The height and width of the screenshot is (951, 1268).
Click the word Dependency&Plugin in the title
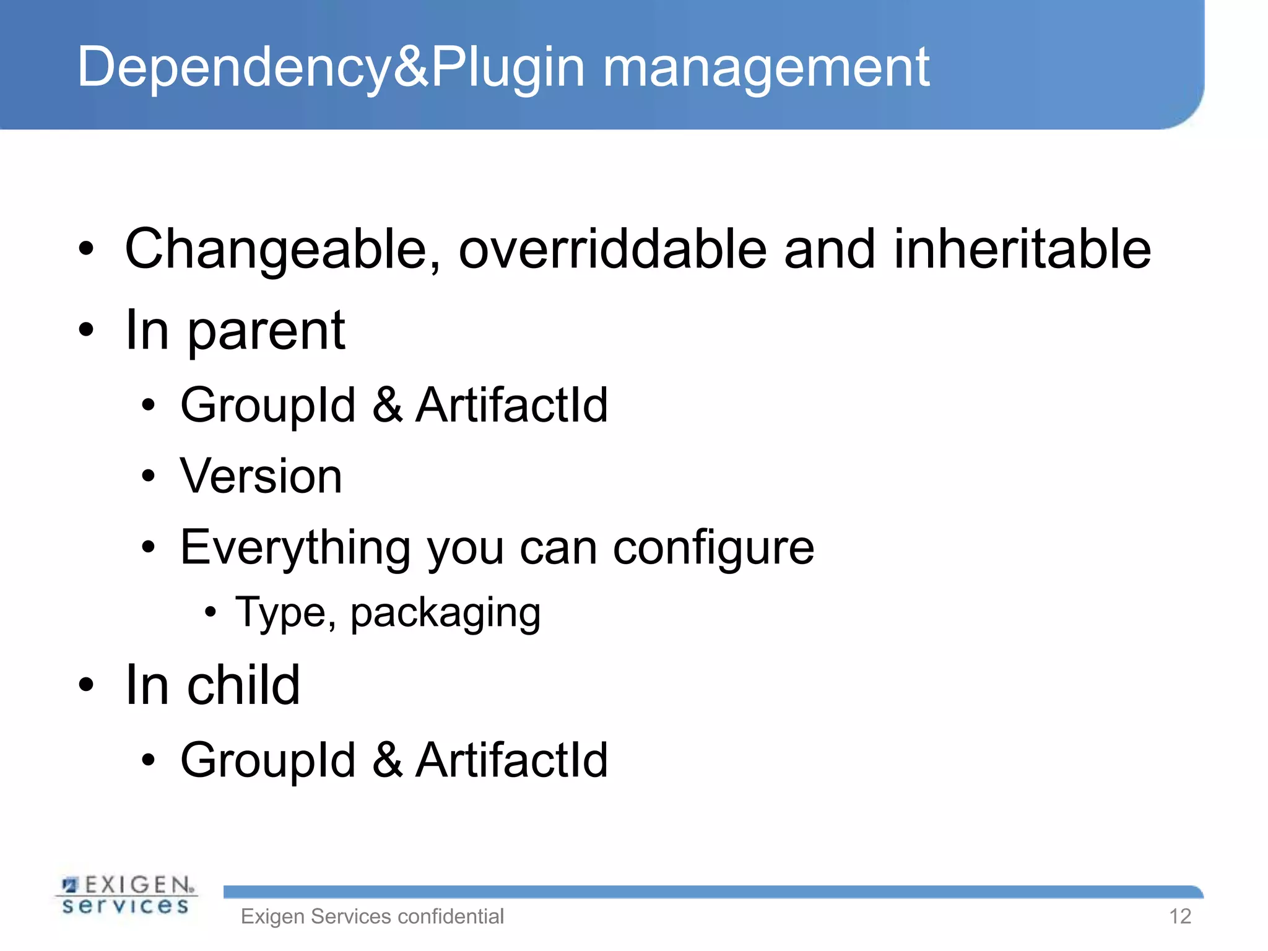click(331, 68)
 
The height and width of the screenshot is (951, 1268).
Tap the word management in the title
click(766, 68)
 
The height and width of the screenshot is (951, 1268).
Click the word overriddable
click(612, 250)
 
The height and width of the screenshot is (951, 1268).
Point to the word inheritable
click(1022, 250)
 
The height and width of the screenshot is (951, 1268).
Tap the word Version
click(261, 476)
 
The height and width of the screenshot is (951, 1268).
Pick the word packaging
click(445, 614)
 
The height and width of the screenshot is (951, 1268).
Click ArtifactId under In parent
click(511, 405)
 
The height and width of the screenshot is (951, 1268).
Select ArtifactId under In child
click(511, 760)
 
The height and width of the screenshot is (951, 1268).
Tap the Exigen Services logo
click(127, 895)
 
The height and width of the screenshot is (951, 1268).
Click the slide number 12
click(1180, 916)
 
